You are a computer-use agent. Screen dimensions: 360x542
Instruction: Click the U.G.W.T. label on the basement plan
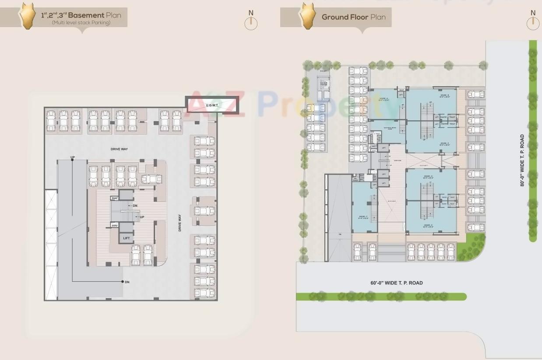pos(212,105)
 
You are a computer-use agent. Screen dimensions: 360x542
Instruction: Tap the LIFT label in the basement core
pos(126,238)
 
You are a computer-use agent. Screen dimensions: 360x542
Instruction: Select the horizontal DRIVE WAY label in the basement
pos(119,149)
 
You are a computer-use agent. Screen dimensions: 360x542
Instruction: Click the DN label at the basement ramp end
pos(127,282)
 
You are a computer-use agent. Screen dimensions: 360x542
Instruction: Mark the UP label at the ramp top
pos(72,157)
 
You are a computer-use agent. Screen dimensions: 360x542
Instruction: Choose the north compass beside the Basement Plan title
pos(251,23)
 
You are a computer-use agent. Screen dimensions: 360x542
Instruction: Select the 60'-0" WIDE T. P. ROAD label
pos(396,283)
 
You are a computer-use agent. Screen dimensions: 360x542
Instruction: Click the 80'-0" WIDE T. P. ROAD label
pos(522,161)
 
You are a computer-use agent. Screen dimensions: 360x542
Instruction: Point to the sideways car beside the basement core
pos(151,179)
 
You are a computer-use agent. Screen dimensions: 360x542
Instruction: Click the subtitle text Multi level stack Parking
pos(81,23)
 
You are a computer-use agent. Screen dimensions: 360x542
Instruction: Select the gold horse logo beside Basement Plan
pos(27,16)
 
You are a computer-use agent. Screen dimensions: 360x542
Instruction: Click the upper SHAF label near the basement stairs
pos(115,198)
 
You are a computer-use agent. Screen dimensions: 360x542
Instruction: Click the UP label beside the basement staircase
pos(142,217)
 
